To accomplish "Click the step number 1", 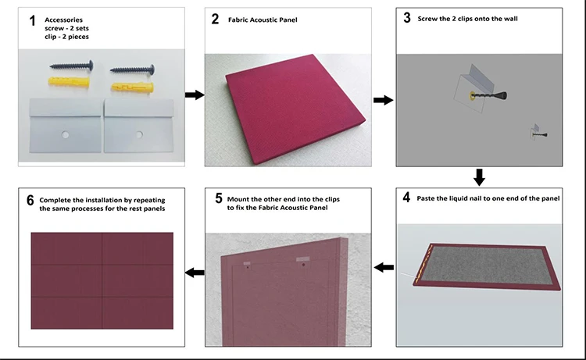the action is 33,21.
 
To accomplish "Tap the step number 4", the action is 406,197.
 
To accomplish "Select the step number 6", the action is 30,200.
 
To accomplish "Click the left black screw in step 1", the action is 72,66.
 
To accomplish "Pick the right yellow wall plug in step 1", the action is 132,87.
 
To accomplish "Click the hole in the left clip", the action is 66,134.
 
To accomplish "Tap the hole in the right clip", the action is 139,134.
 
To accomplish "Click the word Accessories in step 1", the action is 63,20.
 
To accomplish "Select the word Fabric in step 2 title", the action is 238,20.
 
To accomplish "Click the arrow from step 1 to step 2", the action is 195,94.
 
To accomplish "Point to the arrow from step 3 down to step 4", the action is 479,177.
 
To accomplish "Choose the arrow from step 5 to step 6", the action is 195,273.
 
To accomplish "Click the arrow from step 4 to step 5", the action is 384,267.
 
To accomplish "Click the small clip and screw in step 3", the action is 538,132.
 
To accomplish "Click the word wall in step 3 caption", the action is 510,19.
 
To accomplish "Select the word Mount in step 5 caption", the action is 238,199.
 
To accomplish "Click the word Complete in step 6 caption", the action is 54,201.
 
